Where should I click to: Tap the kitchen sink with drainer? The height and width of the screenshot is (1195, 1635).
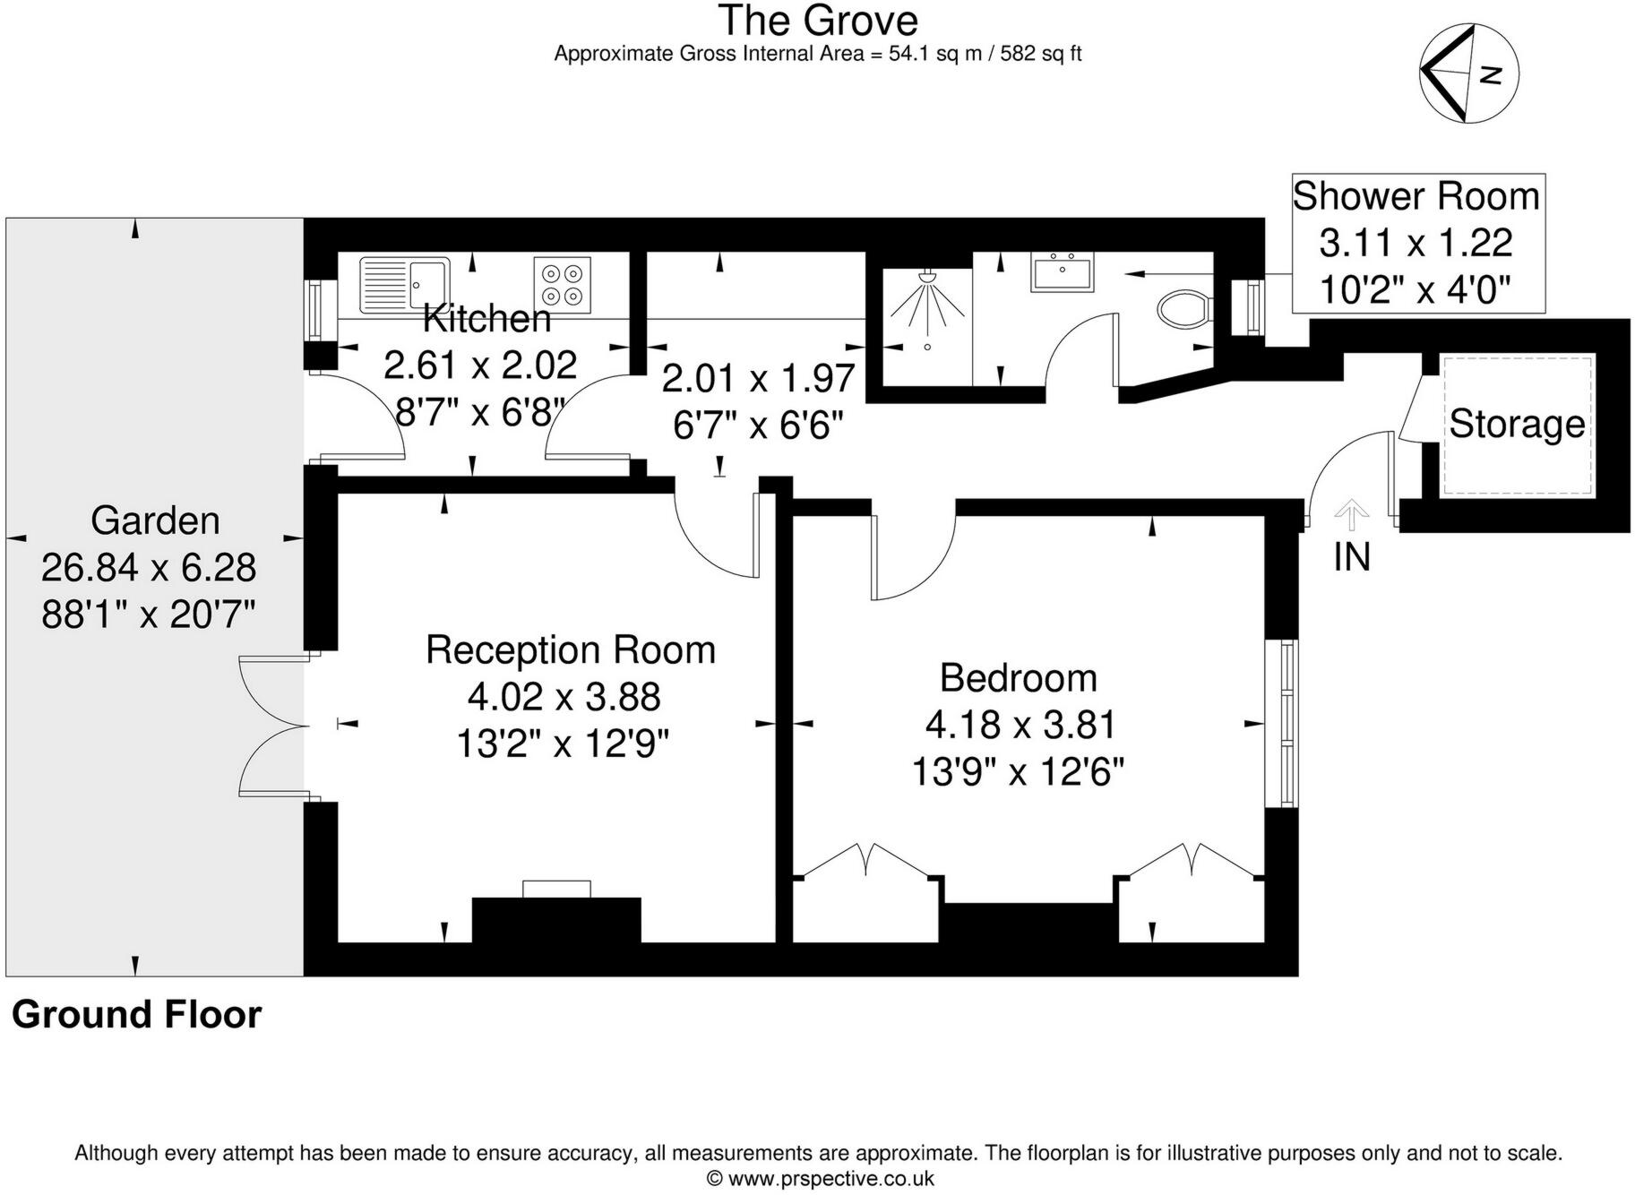[x=404, y=284]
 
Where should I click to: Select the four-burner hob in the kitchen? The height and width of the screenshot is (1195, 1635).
[x=563, y=285]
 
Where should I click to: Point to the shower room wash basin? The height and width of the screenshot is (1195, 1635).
[x=1063, y=272]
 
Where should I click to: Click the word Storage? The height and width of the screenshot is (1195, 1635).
[x=1517, y=424]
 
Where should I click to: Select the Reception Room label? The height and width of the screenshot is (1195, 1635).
[x=570, y=650]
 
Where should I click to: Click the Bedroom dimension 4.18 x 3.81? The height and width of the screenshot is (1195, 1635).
[x=1020, y=725]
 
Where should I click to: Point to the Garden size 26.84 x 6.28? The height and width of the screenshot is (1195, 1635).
[x=149, y=568]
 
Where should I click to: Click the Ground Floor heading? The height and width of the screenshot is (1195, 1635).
[x=136, y=1015]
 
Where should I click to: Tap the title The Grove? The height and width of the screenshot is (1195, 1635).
[x=817, y=21]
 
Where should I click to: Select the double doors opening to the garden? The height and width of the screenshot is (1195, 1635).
[x=273, y=725]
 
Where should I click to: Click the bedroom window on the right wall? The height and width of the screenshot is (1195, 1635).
[x=1287, y=723]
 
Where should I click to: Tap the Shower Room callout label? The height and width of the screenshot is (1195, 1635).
[x=1416, y=197]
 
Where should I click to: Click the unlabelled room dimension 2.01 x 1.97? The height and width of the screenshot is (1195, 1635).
[x=758, y=379]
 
